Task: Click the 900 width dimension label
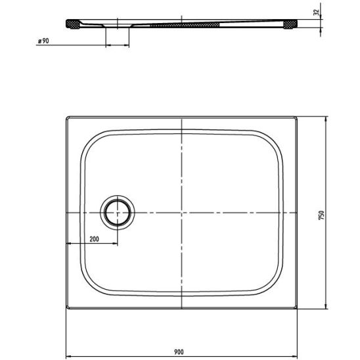[179, 351]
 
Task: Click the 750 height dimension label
[321, 215]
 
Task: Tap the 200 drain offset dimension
[94, 239]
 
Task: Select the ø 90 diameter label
[43, 41]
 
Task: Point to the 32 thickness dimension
[317, 12]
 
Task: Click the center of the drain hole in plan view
[118, 212]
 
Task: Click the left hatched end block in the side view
[73, 24]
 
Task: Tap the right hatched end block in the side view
[290, 24]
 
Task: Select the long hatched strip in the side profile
[185, 24]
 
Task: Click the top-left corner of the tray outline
[66, 117]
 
